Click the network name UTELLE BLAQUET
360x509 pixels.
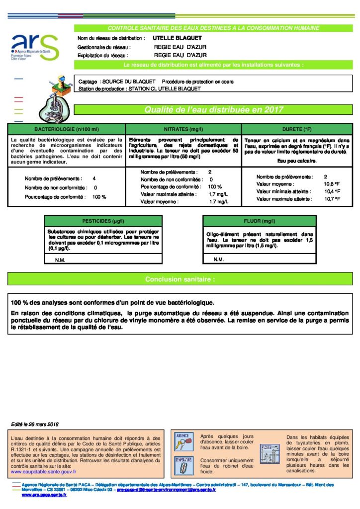click(171, 38)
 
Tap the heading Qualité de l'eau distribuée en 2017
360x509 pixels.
click(213, 110)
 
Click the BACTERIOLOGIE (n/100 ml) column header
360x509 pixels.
click(66, 129)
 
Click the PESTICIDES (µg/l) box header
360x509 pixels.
click(103, 221)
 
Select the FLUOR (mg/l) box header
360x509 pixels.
click(260, 221)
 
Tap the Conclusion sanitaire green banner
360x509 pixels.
click(180, 279)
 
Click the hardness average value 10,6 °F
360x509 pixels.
click(332, 184)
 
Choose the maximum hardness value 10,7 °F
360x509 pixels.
click(332, 199)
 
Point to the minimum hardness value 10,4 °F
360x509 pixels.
click(332, 191)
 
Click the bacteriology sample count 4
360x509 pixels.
click(94, 178)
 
